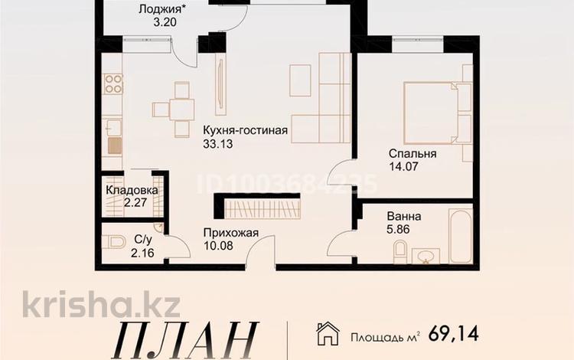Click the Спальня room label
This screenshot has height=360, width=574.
coord(412,153)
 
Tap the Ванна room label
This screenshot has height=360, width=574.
coord(404,217)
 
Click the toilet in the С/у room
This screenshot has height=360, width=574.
coord(116,243)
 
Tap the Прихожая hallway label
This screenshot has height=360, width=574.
coord(230,233)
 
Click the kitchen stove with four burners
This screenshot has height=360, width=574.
coord(113,83)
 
